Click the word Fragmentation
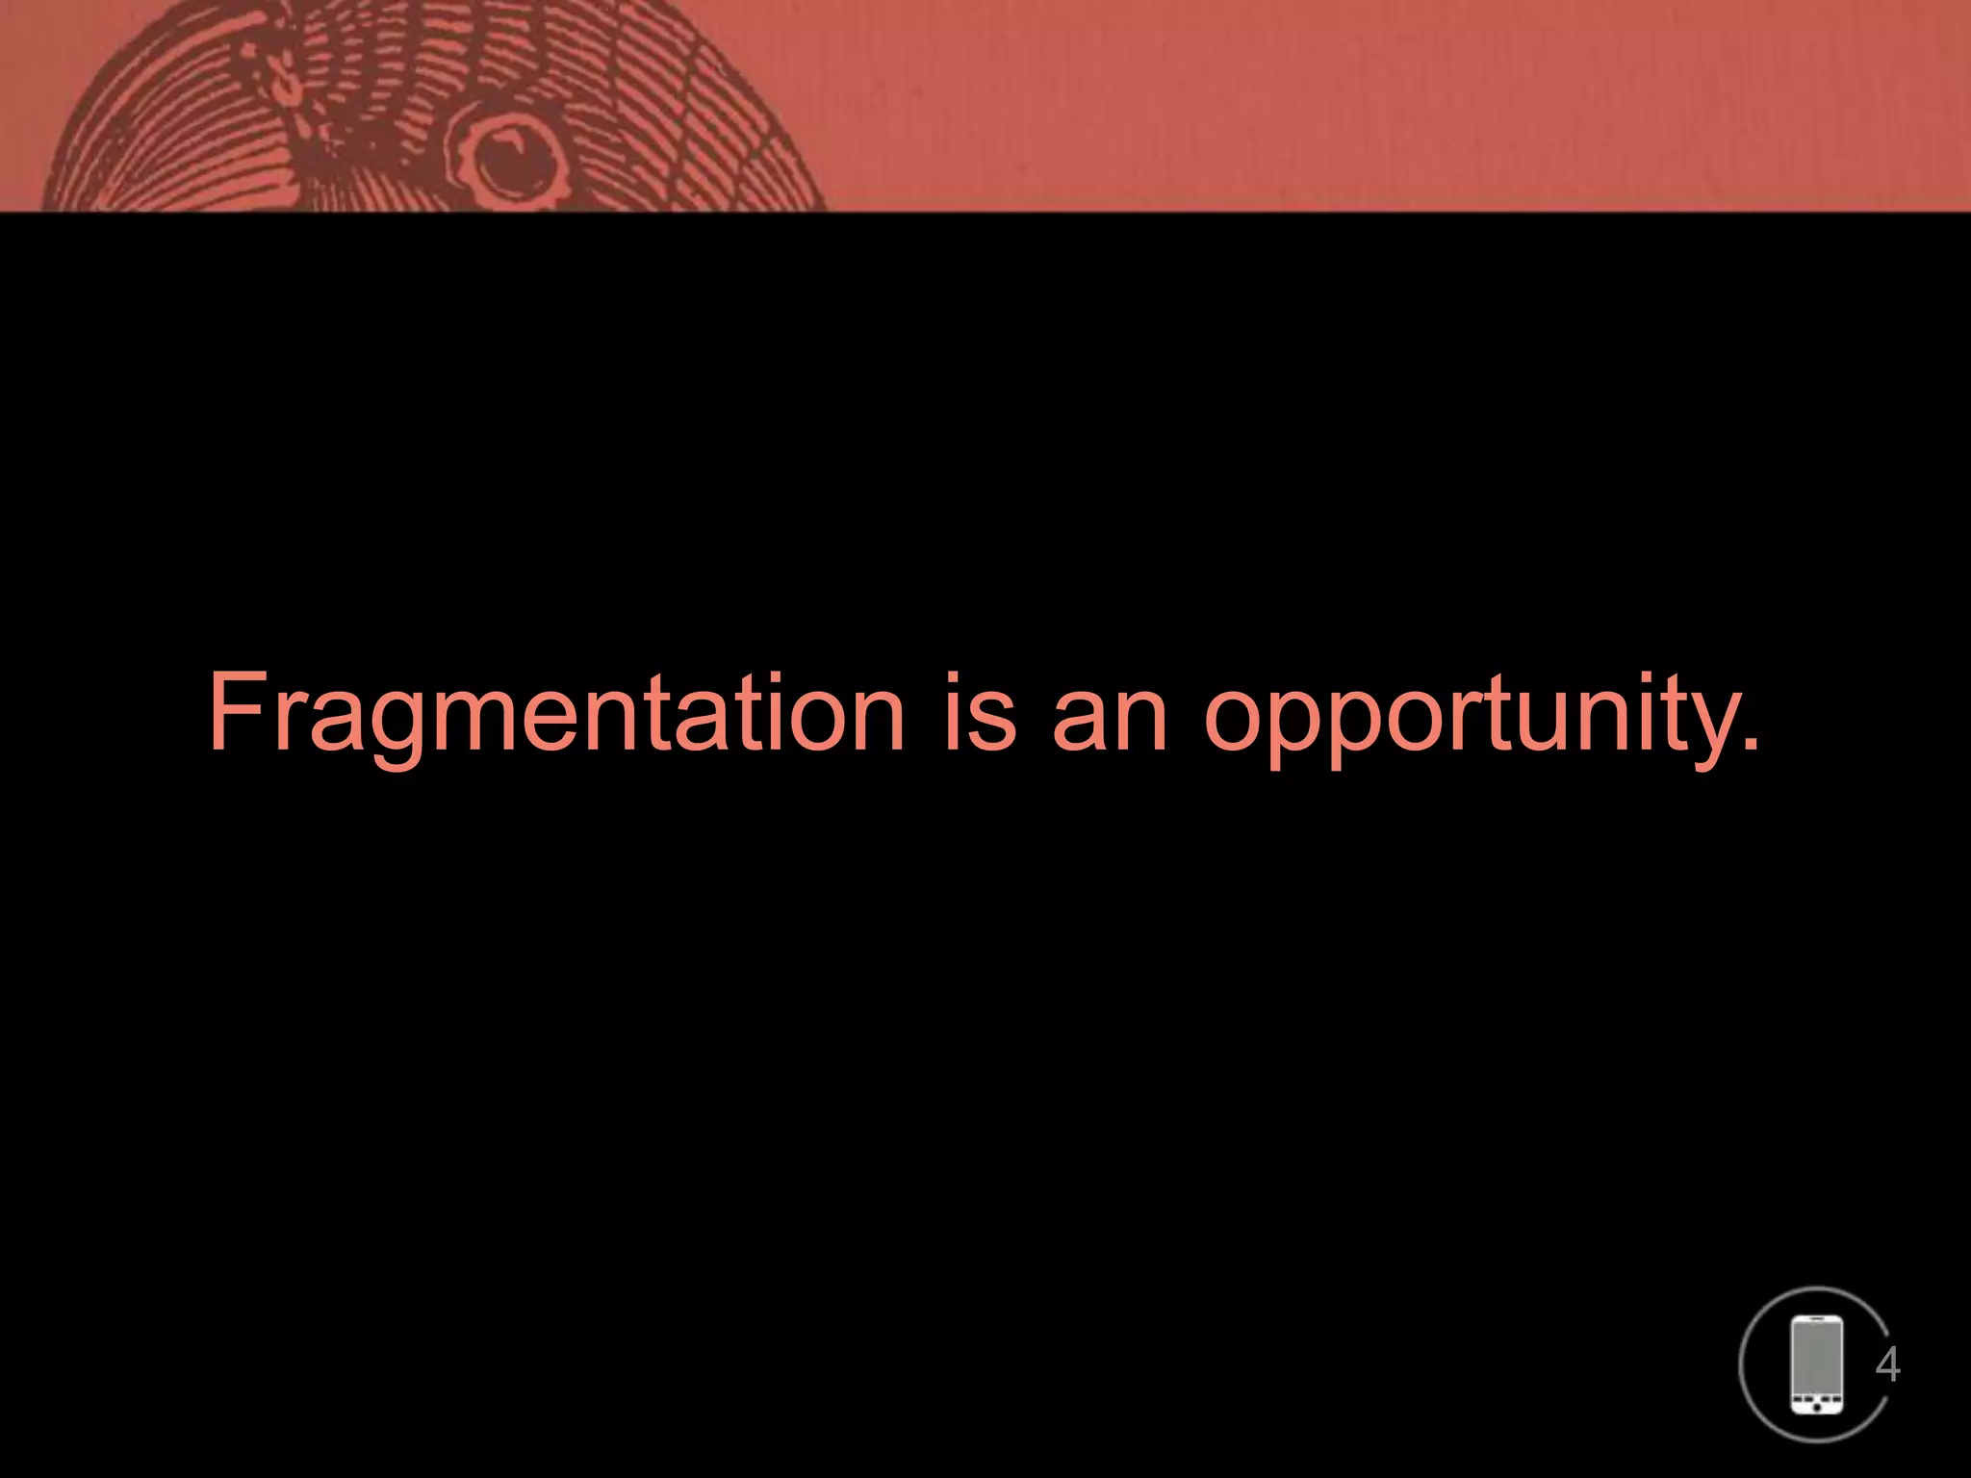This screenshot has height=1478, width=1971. pos(556,714)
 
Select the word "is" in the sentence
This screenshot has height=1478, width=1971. pos(979,714)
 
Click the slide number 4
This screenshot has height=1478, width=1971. pos(1887,1364)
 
